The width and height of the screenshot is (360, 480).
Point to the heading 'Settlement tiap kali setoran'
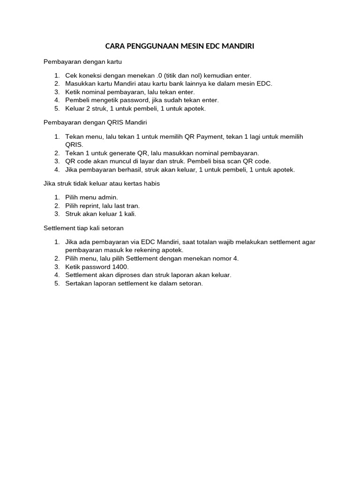click(x=83, y=228)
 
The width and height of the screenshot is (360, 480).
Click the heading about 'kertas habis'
click(x=102, y=183)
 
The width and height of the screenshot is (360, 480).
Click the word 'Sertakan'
click(x=79, y=284)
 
